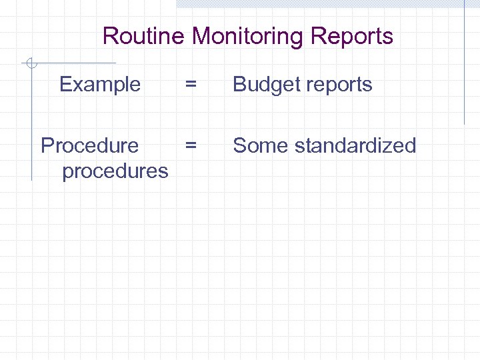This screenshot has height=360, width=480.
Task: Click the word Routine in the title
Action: coord(143,36)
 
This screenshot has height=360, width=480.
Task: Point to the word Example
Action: coord(100,85)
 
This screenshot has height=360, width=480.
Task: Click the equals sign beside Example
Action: coord(191,85)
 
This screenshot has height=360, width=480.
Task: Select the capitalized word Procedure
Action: coord(90,145)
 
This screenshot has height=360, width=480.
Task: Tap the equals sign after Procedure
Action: coord(191,145)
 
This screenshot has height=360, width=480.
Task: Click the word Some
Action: coord(257,145)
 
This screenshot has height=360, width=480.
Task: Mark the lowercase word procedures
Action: coord(115,171)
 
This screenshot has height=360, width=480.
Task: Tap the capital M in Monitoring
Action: coord(201,36)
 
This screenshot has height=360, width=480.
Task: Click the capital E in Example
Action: coord(65,85)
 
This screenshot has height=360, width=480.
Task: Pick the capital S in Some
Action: coord(239,145)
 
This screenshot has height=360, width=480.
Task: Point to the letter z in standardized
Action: coord(388,146)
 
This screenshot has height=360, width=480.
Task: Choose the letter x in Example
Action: coord(77,85)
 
